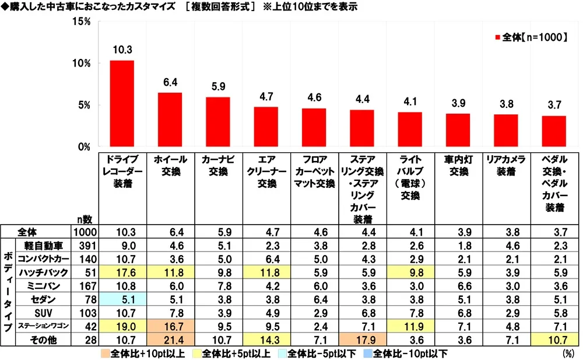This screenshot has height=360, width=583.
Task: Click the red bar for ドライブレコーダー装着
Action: pos(122,104)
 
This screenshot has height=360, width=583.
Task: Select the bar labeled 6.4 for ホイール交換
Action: pos(170,120)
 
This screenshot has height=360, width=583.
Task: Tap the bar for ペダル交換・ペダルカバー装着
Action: pos(554,131)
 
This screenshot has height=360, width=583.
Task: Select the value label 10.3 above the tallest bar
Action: pos(121,50)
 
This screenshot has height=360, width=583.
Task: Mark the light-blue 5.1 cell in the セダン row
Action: pos(122,299)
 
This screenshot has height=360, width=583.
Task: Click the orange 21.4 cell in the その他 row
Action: pos(170,340)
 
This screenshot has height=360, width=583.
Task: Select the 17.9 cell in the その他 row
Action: pos(361,340)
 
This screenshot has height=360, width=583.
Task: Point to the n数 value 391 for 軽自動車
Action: pos(86,246)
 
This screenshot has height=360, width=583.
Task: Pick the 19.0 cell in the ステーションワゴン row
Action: pos(122,326)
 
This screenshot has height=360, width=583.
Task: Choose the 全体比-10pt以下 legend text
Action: pos(412,353)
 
